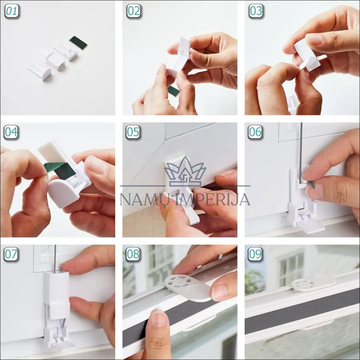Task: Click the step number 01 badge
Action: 12,11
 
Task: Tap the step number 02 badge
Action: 134,11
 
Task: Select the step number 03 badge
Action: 256,11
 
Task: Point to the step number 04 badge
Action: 11,132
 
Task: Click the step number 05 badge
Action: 133,132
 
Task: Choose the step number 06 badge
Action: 255,132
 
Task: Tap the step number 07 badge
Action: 11,255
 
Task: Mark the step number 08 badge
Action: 133,255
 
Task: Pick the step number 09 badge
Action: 255,255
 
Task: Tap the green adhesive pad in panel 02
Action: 174,91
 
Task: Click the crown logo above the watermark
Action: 185,171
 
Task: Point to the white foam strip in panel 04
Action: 51,151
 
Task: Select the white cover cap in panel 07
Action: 57,295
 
